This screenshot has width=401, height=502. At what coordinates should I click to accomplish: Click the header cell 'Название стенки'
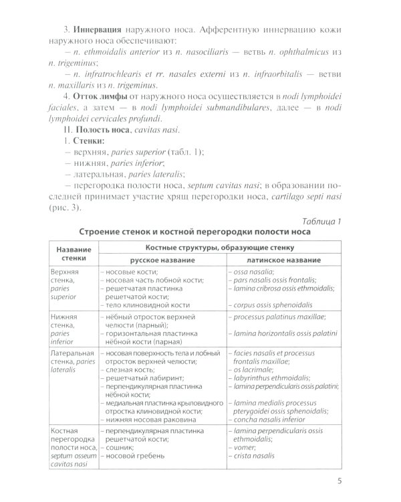point(70,254)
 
